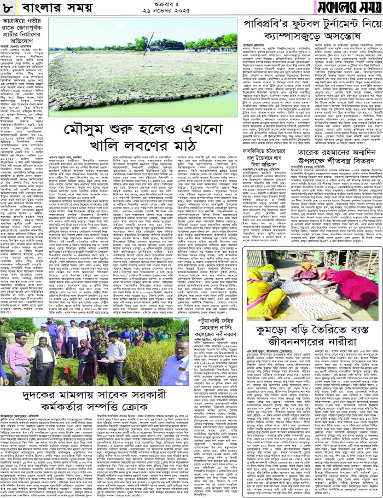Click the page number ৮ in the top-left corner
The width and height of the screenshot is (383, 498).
coord(9,8)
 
